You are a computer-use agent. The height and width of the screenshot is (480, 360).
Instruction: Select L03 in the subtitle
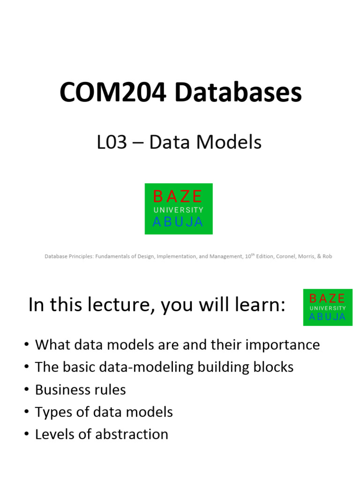pyautogui.click(x=112, y=142)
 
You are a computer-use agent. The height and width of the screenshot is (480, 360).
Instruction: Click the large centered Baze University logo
pyautogui.click(x=178, y=209)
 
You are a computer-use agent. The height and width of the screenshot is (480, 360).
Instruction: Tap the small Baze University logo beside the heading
pyautogui.click(x=328, y=307)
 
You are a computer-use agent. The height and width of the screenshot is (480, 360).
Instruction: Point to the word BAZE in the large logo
pyautogui.click(x=178, y=196)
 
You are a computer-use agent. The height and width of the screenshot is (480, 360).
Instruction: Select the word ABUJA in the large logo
pyautogui.click(x=178, y=222)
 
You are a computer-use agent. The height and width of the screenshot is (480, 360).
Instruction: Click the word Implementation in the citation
pyautogui.click(x=175, y=256)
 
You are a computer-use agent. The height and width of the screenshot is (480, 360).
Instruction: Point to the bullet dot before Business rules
pyautogui.click(x=26, y=390)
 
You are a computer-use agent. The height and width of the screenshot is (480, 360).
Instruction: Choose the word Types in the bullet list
pyautogui.click(x=51, y=412)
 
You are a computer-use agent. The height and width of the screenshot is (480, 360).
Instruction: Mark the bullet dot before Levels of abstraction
pyautogui.click(x=26, y=435)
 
